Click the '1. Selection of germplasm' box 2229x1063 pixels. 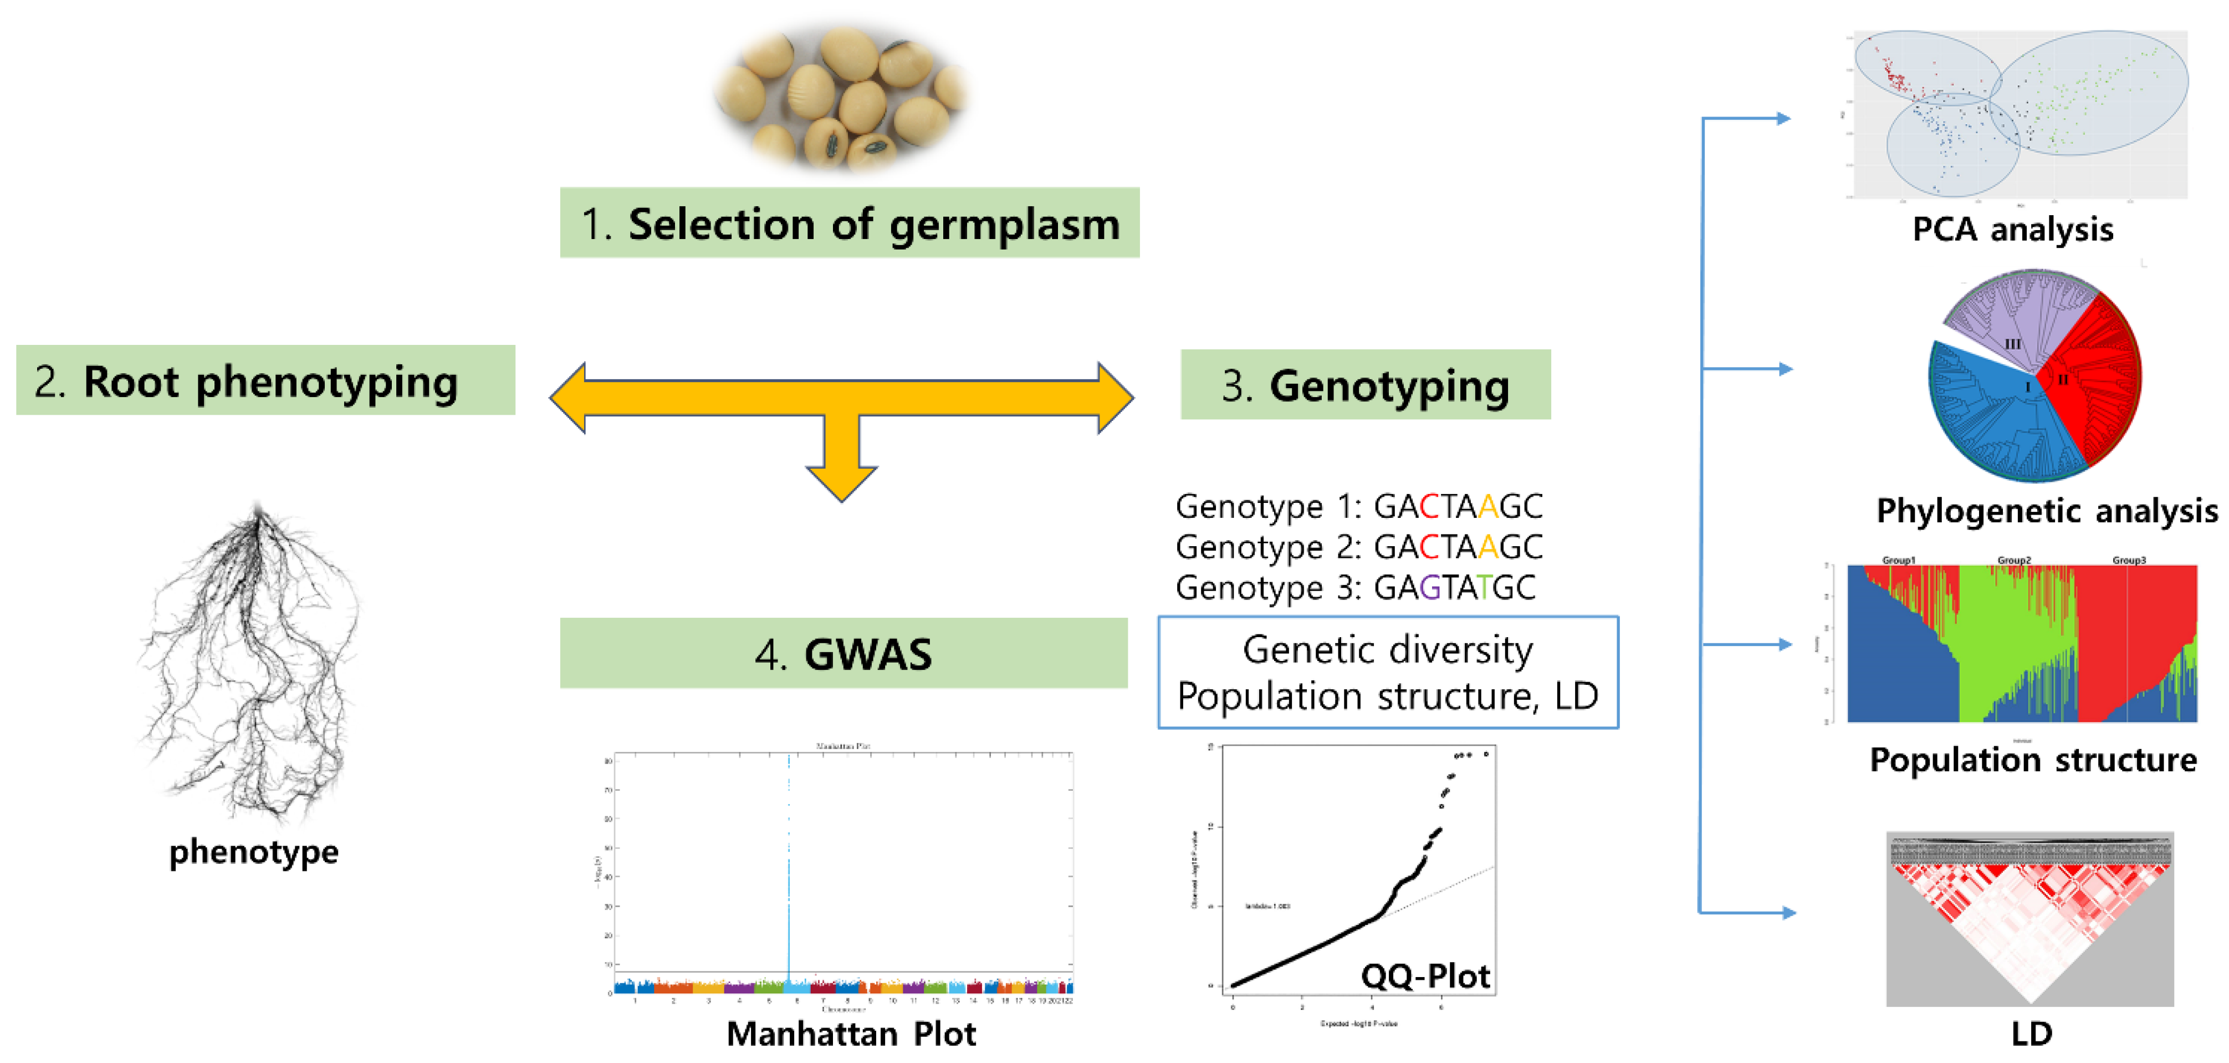pyautogui.click(x=849, y=223)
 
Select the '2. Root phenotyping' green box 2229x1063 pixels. pyautogui.click(x=265, y=381)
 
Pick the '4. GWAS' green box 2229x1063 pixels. pyautogui.click(x=843, y=654)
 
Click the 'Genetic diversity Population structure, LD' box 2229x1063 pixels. pyautogui.click(x=1387, y=673)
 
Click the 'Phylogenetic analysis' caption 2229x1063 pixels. pyautogui.click(x=2047, y=511)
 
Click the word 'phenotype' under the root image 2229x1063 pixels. pyautogui.click(x=253, y=852)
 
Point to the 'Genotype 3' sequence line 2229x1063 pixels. pyautogui.click(x=1355, y=588)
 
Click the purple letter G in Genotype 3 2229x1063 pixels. pyautogui.click(x=1429, y=588)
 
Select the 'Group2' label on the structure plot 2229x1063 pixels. pyautogui.click(x=2013, y=560)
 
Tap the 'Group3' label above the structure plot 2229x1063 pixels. pyautogui.click(x=2129, y=560)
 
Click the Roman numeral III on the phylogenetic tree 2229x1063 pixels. pyautogui.click(x=2013, y=344)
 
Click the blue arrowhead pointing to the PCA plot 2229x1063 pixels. pyautogui.click(x=1783, y=119)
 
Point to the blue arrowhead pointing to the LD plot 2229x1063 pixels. pyautogui.click(x=1788, y=912)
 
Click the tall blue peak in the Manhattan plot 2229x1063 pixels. pyautogui.click(x=788, y=866)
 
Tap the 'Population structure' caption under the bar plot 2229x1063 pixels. pyautogui.click(x=2033, y=760)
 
